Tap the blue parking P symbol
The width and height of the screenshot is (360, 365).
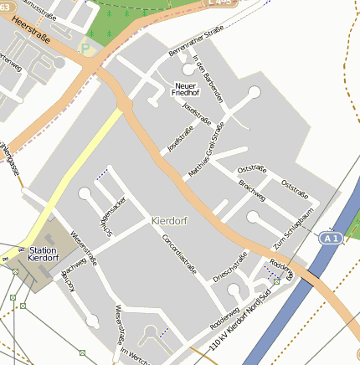83,49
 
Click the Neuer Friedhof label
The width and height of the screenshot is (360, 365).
186,89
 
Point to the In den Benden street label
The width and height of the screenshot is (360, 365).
208,85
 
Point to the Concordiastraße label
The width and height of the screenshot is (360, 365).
178,254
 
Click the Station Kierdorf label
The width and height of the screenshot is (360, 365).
43,254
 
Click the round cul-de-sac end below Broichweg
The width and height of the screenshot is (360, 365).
253,218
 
